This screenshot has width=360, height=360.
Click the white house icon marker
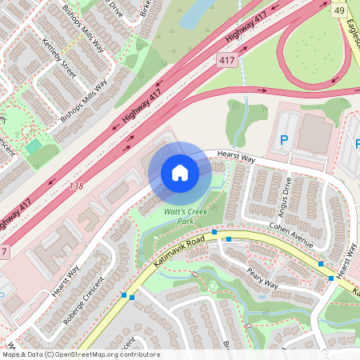click(x=180, y=173)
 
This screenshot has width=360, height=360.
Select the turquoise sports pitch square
click(x=33, y=146)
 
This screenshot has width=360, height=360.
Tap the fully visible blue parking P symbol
click(x=283, y=141)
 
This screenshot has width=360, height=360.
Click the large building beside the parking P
click(x=314, y=135)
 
